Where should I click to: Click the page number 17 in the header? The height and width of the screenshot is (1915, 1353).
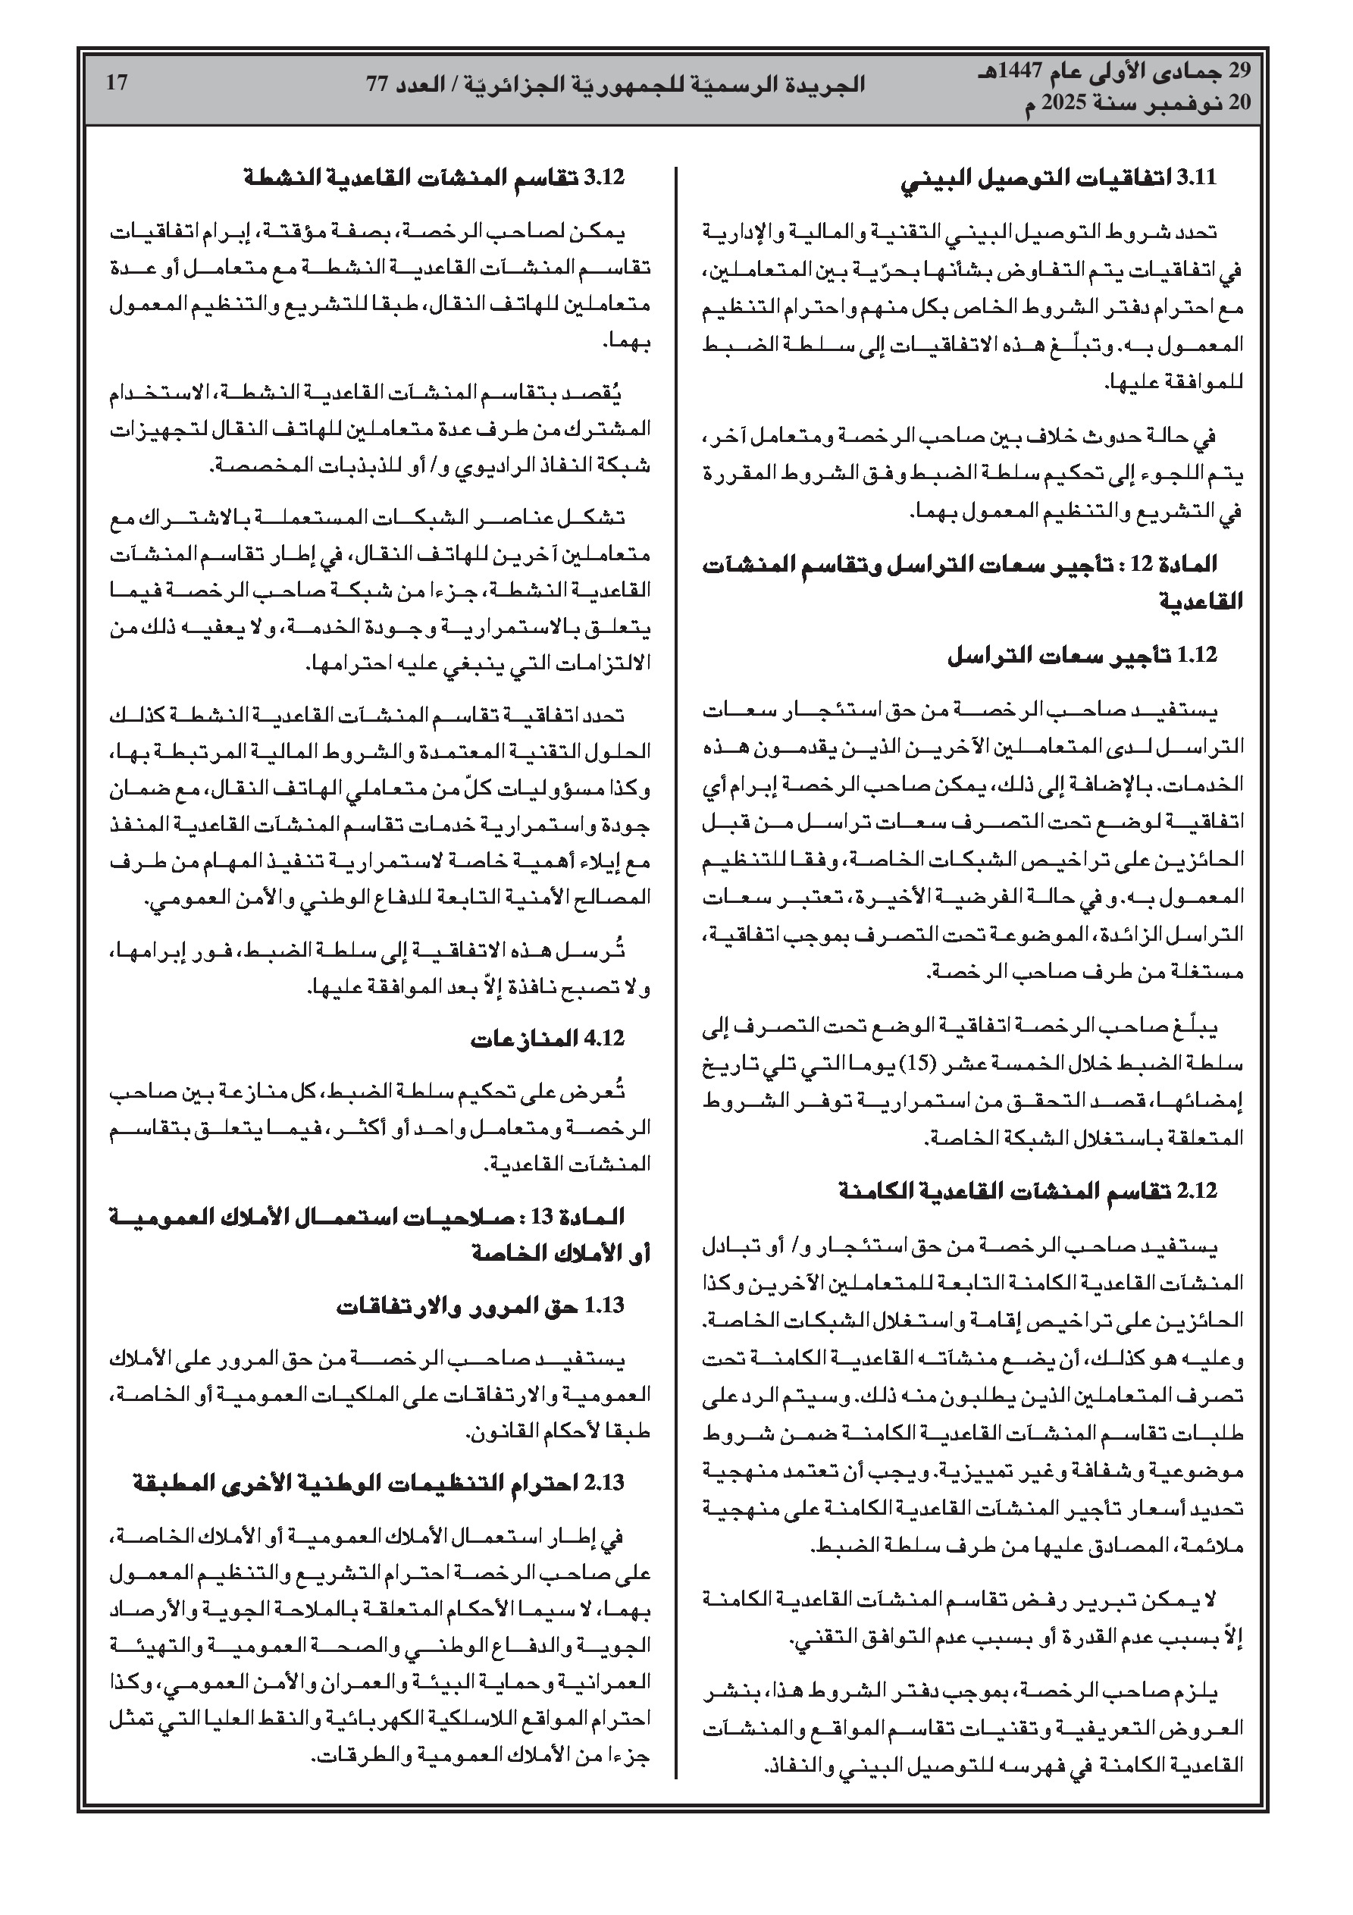tap(116, 83)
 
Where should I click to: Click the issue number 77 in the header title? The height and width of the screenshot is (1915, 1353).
tap(378, 84)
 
